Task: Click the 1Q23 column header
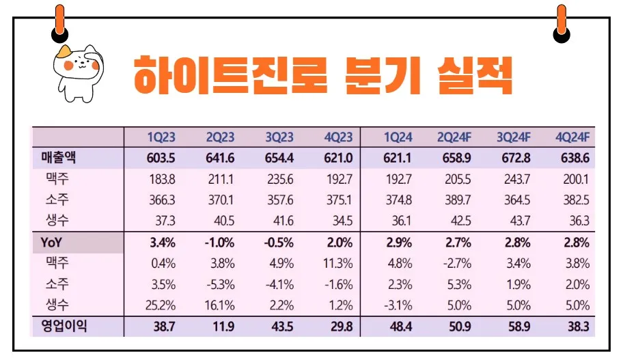[161, 137]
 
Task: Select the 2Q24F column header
[455, 137]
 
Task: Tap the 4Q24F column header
[574, 137]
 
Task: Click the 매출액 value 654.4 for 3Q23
[279, 158]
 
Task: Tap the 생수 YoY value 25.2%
[162, 305]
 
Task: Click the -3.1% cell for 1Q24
[398, 305]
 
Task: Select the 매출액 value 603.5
[161, 158]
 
